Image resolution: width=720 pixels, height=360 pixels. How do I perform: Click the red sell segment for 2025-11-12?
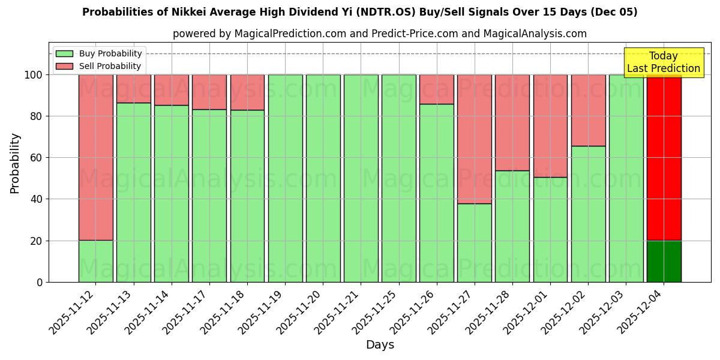95,157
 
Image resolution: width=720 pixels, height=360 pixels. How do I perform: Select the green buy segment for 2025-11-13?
133,192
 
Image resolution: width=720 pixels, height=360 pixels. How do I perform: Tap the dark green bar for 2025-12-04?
664,261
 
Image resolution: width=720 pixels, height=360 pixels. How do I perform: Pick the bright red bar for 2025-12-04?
664,157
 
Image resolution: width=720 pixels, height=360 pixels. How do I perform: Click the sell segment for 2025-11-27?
474,139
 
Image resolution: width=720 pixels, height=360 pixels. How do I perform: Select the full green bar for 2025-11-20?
323,178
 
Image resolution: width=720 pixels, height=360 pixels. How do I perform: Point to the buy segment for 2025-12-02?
588,214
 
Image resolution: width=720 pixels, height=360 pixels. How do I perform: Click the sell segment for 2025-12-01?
550,125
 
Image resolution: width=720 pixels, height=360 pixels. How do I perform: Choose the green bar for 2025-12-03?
626,178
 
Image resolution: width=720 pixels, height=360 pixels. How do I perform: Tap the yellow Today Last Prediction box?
664,62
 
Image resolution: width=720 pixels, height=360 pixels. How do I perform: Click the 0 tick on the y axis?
40,282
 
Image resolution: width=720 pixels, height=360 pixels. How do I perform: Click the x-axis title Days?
380,345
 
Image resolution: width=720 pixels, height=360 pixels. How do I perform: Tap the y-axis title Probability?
15,163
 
